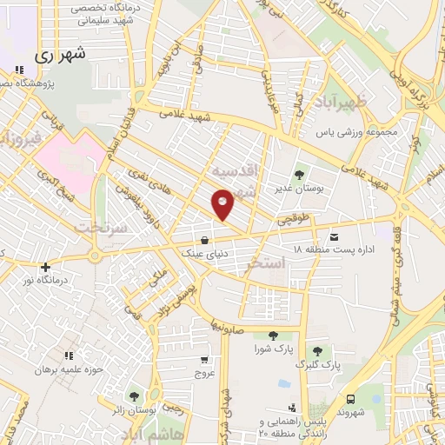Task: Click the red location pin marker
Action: (222, 203)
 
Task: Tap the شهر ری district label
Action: (63, 54)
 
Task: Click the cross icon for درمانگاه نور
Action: (45, 267)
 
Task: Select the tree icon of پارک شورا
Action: (274, 335)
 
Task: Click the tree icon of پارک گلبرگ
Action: (317, 351)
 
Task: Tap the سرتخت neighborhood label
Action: (102, 227)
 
